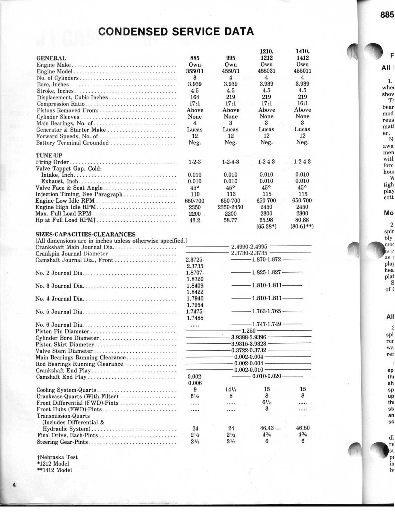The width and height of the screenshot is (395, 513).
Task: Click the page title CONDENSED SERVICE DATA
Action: pyautogui.click(x=176, y=31)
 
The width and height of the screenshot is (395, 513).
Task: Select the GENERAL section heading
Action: pyautogui.click(x=51, y=58)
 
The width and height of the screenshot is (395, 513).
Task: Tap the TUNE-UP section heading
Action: pyautogui.click(x=49, y=156)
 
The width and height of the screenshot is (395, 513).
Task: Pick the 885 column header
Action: pyautogui.click(x=195, y=58)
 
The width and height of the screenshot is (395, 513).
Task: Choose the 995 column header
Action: pyautogui.click(x=231, y=58)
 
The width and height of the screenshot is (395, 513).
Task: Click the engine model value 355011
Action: pyautogui.click(x=195, y=71)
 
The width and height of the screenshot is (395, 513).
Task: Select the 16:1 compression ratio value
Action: pyautogui.click(x=302, y=104)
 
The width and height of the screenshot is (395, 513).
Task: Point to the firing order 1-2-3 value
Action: pyautogui.click(x=195, y=162)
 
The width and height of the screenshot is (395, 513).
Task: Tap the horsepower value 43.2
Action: pyautogui.click(x=195, y=220)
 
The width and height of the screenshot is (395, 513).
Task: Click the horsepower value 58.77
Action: pyautogui.click(x=231, y=220)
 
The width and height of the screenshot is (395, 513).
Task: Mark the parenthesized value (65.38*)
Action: pyautogui.click(x=266, y=227)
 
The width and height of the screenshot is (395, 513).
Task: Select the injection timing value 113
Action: pyautogui.click(x=231, y=194)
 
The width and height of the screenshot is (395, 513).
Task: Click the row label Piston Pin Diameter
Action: pyautogui.click(x=62, y=331)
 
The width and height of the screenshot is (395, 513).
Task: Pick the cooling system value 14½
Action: pyautogui.click(x=231, y=390)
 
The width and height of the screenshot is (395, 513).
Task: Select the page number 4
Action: pyautogui.click(x=14, y=494)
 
